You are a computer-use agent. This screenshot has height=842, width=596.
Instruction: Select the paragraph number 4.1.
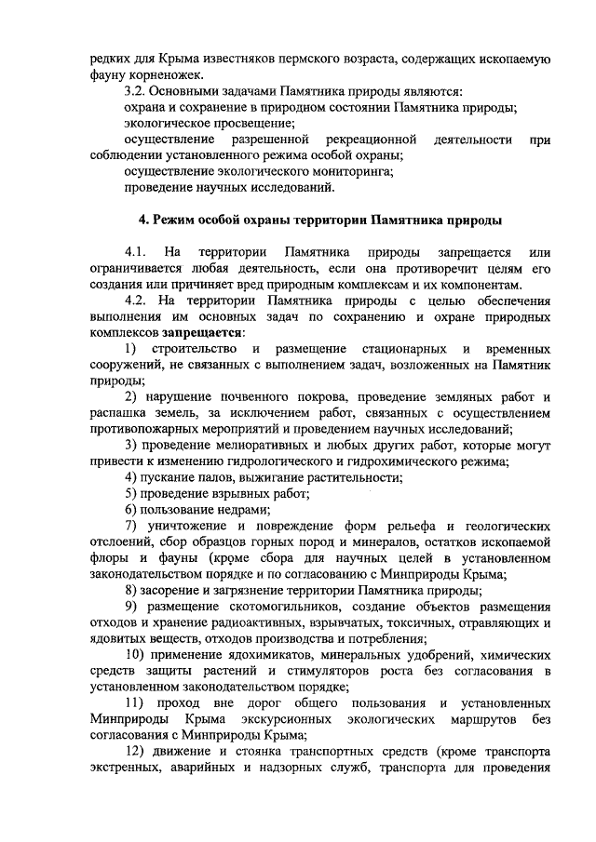pyautogui.click(x=136, y=252)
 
